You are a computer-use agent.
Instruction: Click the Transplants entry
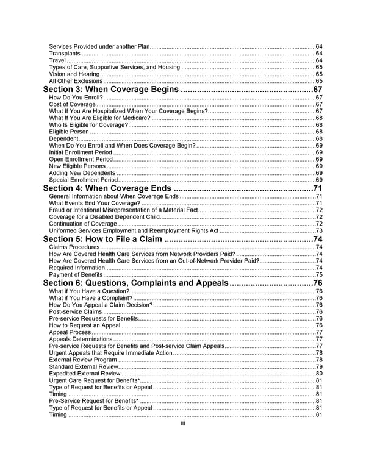pos(64,54)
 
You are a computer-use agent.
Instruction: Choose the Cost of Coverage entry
pos(72,105)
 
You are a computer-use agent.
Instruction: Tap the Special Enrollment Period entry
pos(83,180)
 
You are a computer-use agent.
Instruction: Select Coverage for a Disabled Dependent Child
pos(104,217)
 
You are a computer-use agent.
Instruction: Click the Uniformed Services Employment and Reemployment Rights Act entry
pos(133,230)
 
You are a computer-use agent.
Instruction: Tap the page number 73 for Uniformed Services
pos(318,230)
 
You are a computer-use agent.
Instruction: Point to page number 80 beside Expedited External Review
pos(318,373)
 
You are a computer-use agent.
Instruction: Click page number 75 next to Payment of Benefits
pos(318,274)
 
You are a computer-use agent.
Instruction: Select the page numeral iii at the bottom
pos(182,424)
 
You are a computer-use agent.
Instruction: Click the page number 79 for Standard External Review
pos(318,366)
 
